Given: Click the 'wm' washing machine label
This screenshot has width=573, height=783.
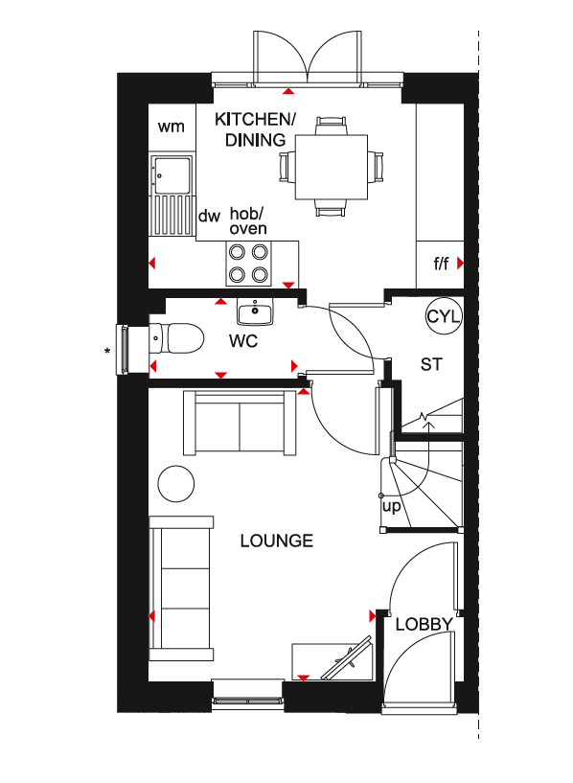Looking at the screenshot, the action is click(x=171, y=127).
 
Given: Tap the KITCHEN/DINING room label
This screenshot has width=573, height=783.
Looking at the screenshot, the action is click(x=255, y=129).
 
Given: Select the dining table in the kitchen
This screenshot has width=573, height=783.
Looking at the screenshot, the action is click(x=332, y=167).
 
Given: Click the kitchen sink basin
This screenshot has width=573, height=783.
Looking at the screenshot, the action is click(x=172, y=175).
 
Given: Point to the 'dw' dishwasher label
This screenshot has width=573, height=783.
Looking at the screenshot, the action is click(x=209, y=216).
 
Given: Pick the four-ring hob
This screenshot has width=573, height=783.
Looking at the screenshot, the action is click(x=248, y=264).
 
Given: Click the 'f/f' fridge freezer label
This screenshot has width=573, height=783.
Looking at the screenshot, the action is click(x=441, y=264).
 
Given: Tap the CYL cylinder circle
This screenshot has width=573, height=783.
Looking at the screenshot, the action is click(x=444, y=316).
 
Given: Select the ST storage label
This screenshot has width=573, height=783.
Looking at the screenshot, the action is click(x=431, y=364).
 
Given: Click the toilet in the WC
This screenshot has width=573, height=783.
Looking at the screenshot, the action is click(x=177, y=338).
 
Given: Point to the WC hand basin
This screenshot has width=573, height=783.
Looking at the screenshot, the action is click(x=255, y=312).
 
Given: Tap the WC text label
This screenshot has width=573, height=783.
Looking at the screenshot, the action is click(x=243, y=341).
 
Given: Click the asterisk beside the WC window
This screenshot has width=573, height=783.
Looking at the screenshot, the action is click(x=107, y=352).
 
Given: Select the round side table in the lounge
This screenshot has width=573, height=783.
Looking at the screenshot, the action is click(x=175, y=483).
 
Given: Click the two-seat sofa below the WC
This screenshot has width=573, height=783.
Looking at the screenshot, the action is click(x=241, y=423).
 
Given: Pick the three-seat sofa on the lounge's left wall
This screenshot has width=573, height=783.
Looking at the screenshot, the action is click(x=181, y=588).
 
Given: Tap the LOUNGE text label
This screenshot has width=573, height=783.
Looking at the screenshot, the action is click(x=277, y=541).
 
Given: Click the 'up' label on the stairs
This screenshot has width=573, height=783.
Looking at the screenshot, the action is click(x=391, y=506).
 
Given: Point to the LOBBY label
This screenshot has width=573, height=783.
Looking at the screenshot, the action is click(x=424, y=624).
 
